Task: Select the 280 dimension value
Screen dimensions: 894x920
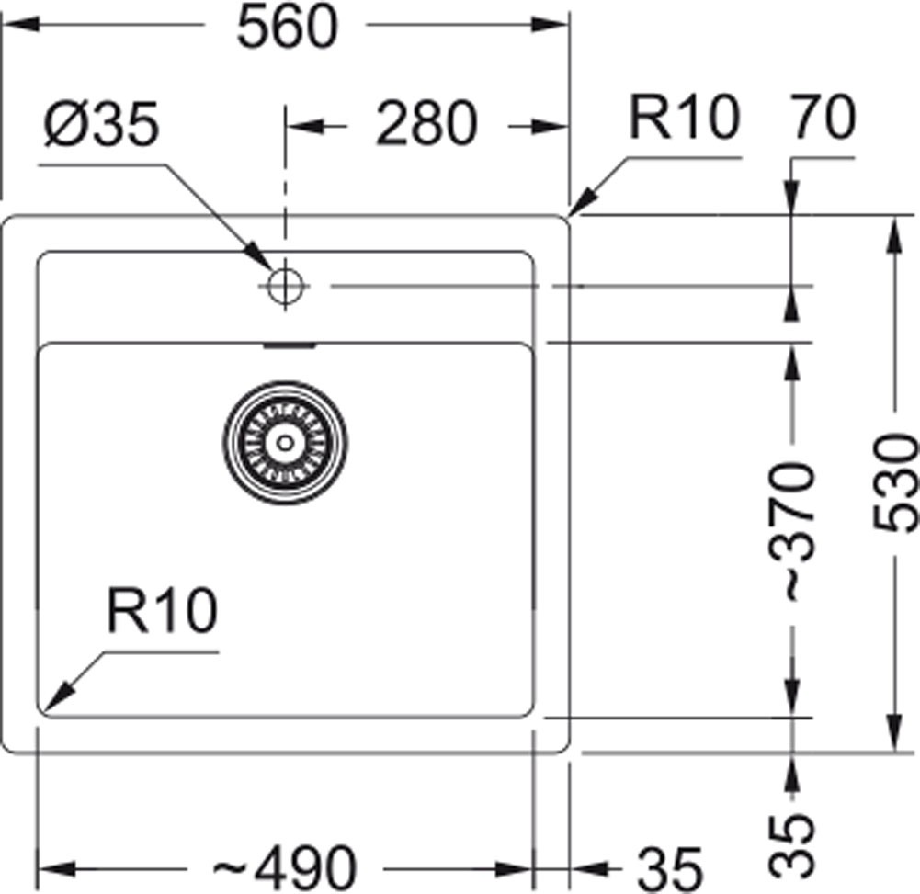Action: (x=426, y=124)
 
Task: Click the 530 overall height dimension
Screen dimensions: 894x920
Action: (x=896, y=484)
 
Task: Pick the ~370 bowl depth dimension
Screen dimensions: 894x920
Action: (x=791, y=531)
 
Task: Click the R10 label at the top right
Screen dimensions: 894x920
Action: (x=684, y=119)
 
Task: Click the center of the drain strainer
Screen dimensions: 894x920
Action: (x=285, y=442)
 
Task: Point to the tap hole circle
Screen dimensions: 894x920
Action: (x=285, y=286)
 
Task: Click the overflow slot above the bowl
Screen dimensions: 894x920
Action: (x=290, y=345)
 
